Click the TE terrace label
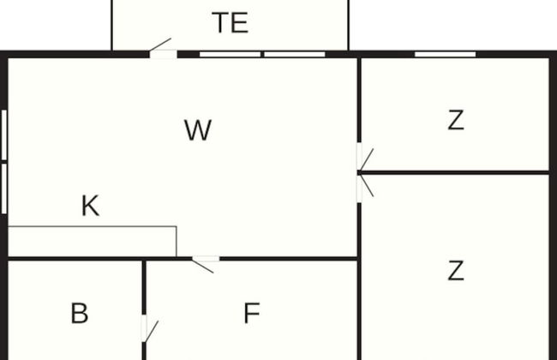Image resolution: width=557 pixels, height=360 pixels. pos(231,23)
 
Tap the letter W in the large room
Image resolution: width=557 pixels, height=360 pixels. pos(198,130)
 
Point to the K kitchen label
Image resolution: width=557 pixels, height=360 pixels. pos(90,206)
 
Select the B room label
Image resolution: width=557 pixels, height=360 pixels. pos(79,313)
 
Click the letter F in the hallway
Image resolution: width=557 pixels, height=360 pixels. pos(251,313)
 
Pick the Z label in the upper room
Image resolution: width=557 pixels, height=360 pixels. pos(456,120)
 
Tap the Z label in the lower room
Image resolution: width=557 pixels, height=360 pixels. pos(456,271)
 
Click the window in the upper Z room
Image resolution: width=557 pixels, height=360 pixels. pos(445,54)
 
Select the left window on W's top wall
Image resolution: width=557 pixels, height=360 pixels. pos(231,54)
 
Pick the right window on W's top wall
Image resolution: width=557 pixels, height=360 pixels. pos(295,54)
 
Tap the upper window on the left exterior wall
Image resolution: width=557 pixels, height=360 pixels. pos(4,135)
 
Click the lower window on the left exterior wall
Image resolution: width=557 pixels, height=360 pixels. pos(4,189)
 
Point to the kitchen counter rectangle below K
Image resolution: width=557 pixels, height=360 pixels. pos(93,242)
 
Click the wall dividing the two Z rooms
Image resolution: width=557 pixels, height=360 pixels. pos(455,173)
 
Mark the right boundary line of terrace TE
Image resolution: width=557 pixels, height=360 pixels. pos(349,25)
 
